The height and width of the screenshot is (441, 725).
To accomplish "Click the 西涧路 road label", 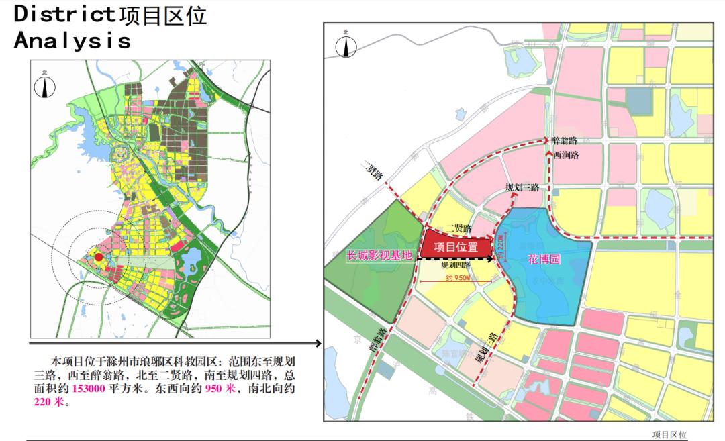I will (x=565, y=154).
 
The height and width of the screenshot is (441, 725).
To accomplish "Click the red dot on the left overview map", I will (x=98, y=257).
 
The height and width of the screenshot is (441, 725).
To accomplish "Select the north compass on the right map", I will (x=345, y=45).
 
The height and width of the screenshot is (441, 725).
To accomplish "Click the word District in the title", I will (x=64, y=15).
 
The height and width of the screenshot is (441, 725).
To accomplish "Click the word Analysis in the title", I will (x=72, y=40).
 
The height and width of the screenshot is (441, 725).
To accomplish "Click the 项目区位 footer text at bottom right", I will (x=669, y=434).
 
